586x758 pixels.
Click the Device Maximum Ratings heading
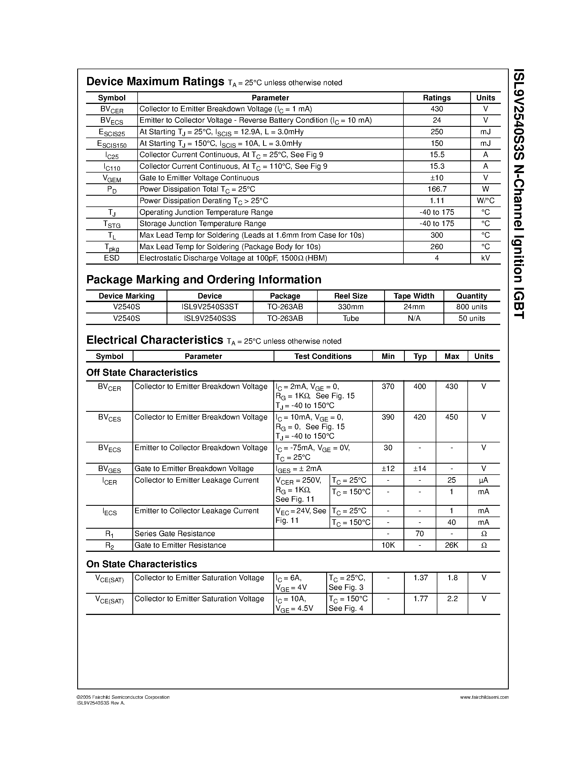155,82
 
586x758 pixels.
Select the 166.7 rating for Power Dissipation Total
437,189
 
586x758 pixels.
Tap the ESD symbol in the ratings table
111,258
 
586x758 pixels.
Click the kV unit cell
485,258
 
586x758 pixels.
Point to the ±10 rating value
437,178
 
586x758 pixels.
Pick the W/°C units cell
485,201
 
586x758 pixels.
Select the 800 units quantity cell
472,307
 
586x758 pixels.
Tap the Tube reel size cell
350,318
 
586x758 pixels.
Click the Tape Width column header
414,296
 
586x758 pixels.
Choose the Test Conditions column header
323,356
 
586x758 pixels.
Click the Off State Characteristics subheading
142,372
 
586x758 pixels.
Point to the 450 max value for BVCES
452,417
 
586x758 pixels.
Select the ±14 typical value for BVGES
420,469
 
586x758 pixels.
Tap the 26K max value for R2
452,545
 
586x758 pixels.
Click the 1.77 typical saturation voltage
421,599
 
